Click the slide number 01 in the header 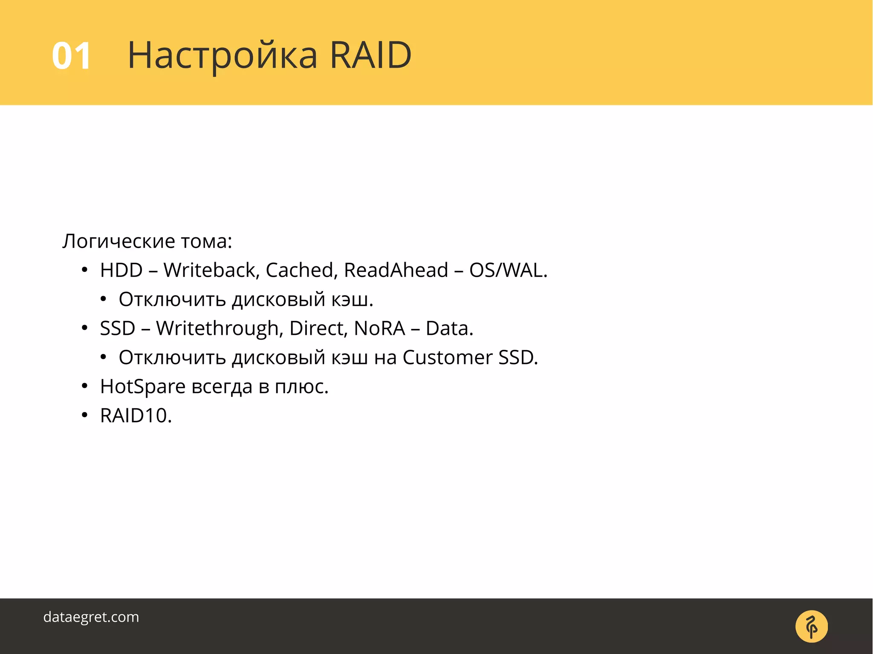(x=71, y=56)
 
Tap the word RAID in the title (x=370, y=55)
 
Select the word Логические (x=119, y=241)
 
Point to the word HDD (x=121, y=270)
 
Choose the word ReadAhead (x=396, y=270)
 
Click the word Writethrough (x=218, y=328)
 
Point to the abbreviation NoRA (x=379, y=328)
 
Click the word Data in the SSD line (x=449, y=328)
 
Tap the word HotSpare (x=143, y=387)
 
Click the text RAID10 (x=136, y=416)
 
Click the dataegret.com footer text (x=91, y=617)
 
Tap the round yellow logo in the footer (x=812, y=626)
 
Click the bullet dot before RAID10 (x=84, y=415)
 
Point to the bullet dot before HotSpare (x=84, y=386)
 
